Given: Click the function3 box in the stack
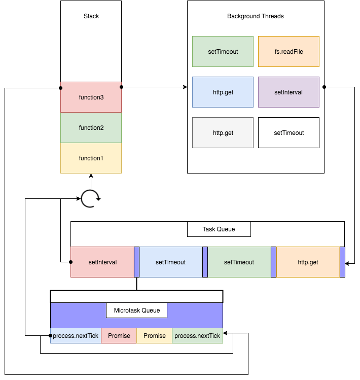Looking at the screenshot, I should (x=91, y=97).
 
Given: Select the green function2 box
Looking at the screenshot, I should (x=91, y=127).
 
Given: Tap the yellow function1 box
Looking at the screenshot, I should (x=91, y=158).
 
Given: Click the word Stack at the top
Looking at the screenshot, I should (x=91, y=16).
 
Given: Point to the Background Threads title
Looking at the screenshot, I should (x=256, y=16).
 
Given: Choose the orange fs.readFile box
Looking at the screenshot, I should (x=289, y=51).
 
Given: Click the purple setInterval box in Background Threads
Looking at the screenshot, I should (x=289, y=92).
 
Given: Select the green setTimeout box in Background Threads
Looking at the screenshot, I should (x=223, y=51).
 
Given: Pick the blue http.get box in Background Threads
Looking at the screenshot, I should (x=223, y=92).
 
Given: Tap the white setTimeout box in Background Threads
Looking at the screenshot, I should (x=289, y=132).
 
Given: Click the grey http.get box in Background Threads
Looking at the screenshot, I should (x=223, y=132).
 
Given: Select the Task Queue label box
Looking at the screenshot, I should (x=219, y=229).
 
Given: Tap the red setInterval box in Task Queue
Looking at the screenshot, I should (x=102, y=262).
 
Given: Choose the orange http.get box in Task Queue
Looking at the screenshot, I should (x=308, y=262).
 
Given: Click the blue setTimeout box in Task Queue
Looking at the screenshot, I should (x=170, y=262).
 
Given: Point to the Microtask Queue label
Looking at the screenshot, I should (x=136, y=310).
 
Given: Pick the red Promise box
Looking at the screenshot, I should (x=119, y=335).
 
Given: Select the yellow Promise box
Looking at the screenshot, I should (x=155, y=335).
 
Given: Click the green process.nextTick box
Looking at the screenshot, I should (x=197, y=335).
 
